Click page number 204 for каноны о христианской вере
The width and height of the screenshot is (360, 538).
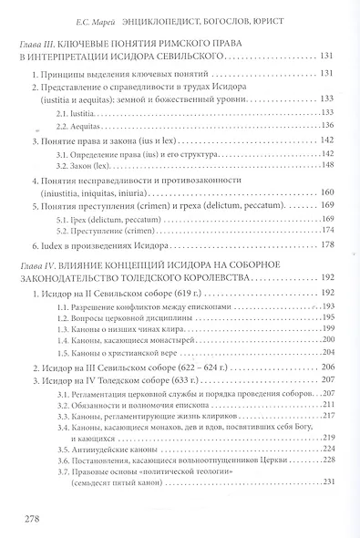pyautogui.click(x=333, y=351)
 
